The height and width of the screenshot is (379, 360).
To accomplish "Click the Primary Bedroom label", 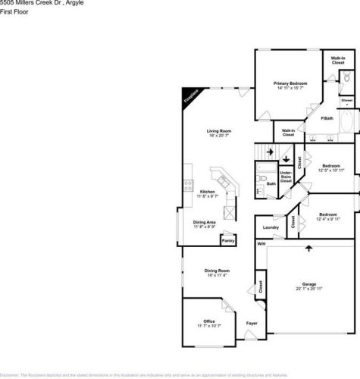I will click(x=289, y=84).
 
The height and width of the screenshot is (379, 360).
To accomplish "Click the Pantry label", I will click(x=227, y=241).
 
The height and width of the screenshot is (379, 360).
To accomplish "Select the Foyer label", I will click(x=252, y=324).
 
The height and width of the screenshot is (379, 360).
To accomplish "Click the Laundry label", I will click(x=271, y=227).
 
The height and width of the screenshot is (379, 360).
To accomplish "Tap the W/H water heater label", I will click(x=261, y=243).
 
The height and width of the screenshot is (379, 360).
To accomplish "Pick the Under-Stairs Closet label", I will click(x=286, y=177).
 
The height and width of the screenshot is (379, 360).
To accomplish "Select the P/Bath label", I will click(x=327, y=118).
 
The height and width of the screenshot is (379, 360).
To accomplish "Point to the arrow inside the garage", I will click(x=309, y=247).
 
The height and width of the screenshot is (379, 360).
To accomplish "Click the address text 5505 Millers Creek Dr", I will click(x=29, y=3).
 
